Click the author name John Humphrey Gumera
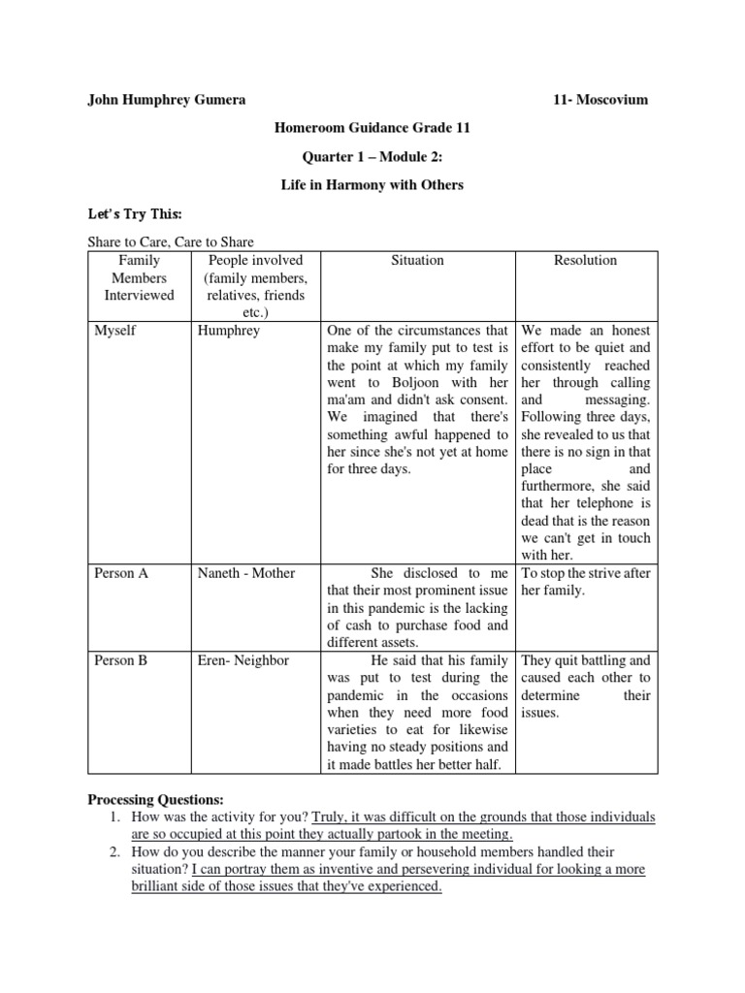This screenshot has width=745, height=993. (x=166, y=100)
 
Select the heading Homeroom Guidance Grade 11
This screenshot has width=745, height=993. (x=372, y=128)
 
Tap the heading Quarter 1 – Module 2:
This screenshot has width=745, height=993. (x=372, y=156)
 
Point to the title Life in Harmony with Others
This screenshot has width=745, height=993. (x=372, y=184)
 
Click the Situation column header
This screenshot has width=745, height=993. (x=417, y=261)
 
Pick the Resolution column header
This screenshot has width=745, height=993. (x=585, y=261)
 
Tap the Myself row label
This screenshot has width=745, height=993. (x=115, y=331)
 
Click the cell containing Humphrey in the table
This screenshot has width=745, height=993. (x=229, y=331)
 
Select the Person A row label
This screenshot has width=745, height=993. (x=121, y=573)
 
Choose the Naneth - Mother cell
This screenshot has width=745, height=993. (x=245, y=573)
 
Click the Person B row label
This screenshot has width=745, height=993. (x=121, y=660)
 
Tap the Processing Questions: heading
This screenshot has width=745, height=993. (x=155, y=800)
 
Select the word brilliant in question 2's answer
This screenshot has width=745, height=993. (x=166, y=886)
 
